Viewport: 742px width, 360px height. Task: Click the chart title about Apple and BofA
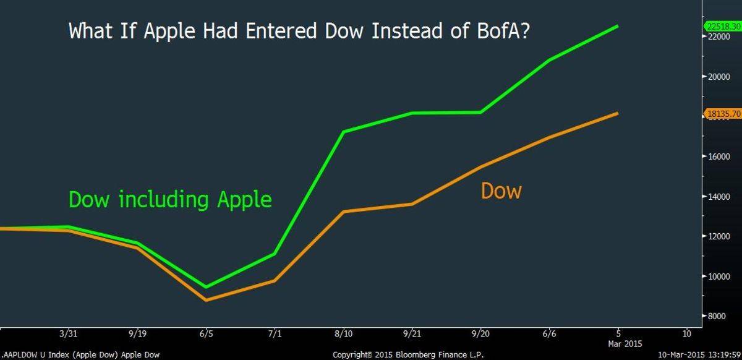299,31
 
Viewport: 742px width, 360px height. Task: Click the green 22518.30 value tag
723,26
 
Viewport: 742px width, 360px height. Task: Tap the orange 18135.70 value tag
723,114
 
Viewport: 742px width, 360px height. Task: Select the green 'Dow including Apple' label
170,200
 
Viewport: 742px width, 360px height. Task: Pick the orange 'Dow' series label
501,191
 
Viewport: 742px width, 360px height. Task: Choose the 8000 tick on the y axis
719,316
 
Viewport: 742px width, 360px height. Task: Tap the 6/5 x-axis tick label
205,334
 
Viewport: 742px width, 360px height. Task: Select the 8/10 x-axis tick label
343,334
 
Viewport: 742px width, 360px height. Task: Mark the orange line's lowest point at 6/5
205,300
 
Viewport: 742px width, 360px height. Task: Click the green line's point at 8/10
343,132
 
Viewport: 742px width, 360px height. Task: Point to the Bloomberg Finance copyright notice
408,355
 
